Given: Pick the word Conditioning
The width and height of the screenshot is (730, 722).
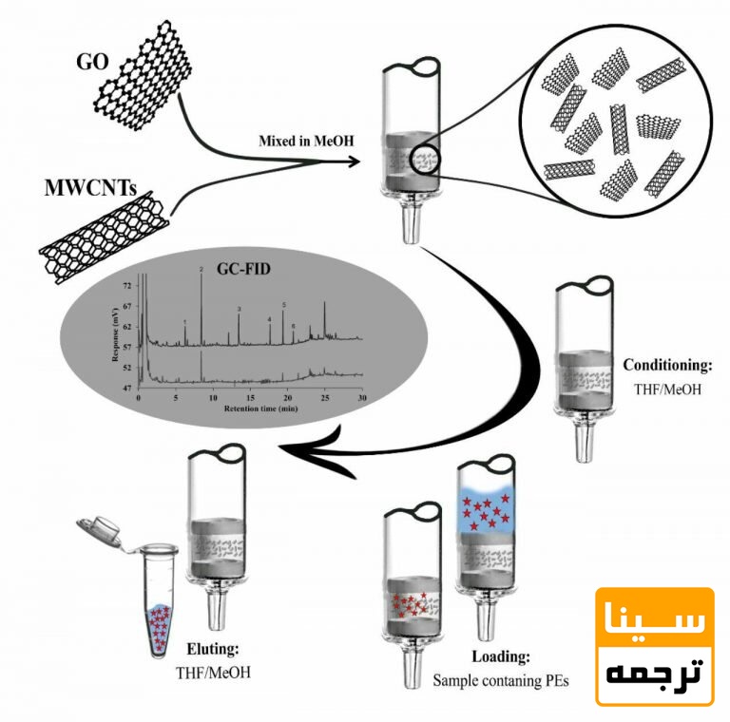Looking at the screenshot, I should coord(666,365).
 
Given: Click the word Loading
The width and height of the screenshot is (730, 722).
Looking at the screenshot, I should coord(500,656).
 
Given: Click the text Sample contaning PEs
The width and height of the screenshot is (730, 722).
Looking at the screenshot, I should coord(500,680).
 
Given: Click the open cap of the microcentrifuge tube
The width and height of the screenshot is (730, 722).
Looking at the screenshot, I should coord(99,529).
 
